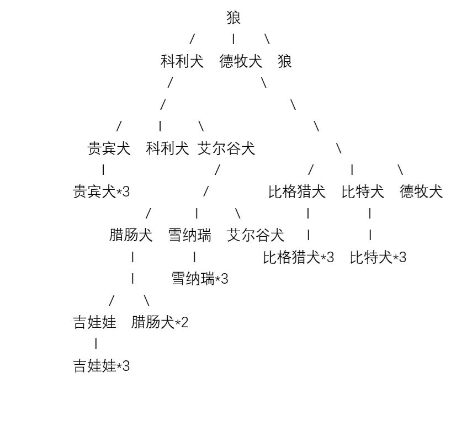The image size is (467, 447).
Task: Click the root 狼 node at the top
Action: pos(233,18)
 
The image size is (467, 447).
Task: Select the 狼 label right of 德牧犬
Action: pos(285,61)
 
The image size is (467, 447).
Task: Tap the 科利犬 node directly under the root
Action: pos(182,61)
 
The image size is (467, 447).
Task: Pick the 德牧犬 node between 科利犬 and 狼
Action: pos(241,61)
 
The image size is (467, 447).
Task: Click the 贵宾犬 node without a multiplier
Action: pos(109,148)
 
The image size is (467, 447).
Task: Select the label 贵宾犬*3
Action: pos(101,191)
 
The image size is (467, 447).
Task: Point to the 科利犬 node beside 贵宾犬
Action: pos(167,148)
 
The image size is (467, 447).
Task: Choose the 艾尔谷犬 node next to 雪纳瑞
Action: pos(256,235)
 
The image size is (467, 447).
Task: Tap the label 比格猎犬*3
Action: pos(299,257)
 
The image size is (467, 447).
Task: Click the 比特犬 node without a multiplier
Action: pos(363,191)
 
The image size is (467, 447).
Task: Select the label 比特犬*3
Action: pos(378,257)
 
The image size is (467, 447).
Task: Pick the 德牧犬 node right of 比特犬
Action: pos(421,191)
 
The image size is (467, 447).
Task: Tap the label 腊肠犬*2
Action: pos(160,322)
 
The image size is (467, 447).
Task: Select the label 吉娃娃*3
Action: pos(101,366)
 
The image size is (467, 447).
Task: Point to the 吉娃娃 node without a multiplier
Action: pos(95,322)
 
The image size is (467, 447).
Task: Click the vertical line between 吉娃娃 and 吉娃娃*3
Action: pos(96,344)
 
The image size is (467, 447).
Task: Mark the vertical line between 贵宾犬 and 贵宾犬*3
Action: pos(103,170)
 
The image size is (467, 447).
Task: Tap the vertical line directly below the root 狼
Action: pos(233,39)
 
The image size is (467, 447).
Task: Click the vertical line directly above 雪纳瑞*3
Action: pos(194,257)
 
